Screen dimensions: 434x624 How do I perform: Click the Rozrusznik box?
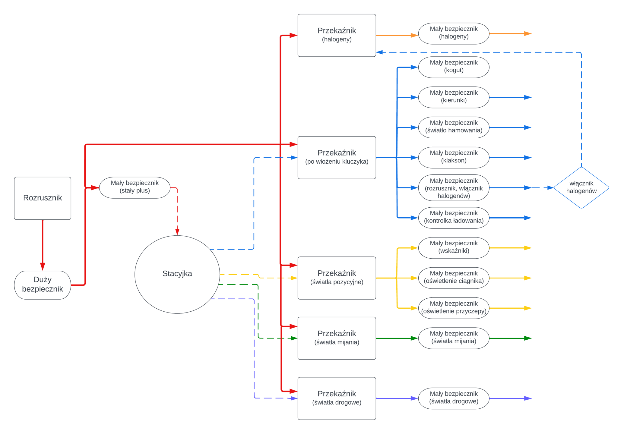[x=43, y=198]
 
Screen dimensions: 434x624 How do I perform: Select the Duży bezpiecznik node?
[x=43, y=285]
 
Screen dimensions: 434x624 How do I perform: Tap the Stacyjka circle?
[x=177, y=274]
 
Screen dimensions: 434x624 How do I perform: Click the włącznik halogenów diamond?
[x=581, y=187]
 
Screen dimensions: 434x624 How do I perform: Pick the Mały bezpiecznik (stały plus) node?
[x=135, y=187]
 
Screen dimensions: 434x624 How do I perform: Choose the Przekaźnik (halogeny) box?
[x=337, y=35]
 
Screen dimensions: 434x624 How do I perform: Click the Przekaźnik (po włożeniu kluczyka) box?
[x=337, y=157]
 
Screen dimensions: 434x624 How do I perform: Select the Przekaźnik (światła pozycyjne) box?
[x=337, y=278]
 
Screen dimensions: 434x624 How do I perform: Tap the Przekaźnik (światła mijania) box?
[x=337, y=338]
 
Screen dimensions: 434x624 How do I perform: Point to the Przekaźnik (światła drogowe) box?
[x=337, y=398]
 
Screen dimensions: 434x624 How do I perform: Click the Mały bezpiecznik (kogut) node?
[x=454, y=67]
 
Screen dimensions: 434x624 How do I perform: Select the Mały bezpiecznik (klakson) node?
[x=454, y=157]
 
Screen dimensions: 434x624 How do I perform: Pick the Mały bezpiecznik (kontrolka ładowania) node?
[x=454, y=218]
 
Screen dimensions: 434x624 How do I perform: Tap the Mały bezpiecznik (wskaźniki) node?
[x=454, y=248]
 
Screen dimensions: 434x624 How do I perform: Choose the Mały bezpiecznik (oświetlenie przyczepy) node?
[x=454, y=308]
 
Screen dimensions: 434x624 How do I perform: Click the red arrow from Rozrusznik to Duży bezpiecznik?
[x=43, y=244]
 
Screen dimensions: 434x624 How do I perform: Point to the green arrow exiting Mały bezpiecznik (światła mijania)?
[x=510, y=338]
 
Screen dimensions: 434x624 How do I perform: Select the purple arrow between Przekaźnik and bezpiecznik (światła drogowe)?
[x=397, y=398]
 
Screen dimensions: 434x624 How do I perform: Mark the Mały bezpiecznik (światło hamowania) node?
[x=454, y=127]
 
